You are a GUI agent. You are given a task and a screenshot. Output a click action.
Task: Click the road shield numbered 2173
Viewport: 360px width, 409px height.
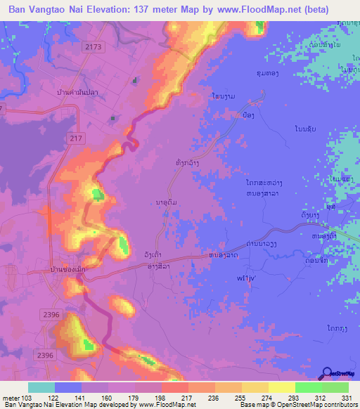tap(92, 46)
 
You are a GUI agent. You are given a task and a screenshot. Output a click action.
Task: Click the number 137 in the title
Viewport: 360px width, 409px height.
tap(165, 9)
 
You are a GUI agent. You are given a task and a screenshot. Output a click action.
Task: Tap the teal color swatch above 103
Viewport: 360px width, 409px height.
tap(41, 387)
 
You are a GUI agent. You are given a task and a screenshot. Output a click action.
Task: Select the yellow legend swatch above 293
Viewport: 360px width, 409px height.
tap(282, 387)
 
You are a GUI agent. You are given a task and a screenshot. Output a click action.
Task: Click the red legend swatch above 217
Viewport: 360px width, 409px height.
tap(175, 387)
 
